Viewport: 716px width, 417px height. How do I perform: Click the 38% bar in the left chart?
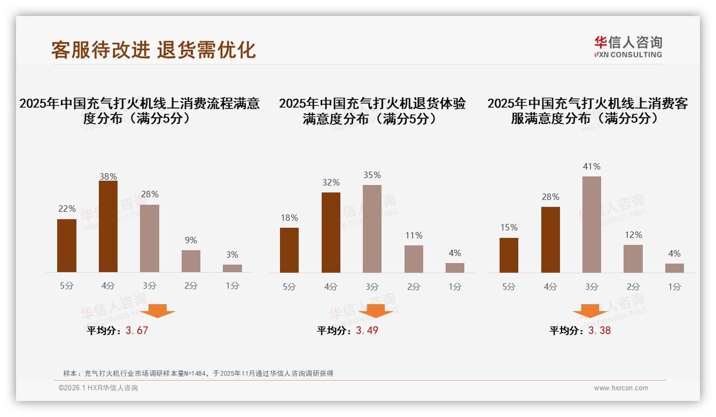[108, 227]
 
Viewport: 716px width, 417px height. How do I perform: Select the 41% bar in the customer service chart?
[592, 225]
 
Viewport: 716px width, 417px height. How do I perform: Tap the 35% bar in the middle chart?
[372, 229]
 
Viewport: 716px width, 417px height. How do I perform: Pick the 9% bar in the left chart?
[191, 261]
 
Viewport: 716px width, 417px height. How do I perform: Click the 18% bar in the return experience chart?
[289, 250]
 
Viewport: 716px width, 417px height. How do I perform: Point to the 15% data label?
[509, 228]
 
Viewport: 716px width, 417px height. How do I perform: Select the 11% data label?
[414, 235]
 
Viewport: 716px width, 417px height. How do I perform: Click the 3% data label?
[232, 255]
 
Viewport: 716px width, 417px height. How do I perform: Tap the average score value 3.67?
[137, 330]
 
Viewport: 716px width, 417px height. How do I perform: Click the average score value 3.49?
[367, 330]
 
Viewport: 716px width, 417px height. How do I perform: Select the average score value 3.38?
[600, 330]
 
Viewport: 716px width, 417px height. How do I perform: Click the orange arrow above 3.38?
[590, 311]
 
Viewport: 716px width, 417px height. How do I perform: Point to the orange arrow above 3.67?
[158, 311]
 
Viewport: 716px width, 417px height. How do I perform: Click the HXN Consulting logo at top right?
[628, 47]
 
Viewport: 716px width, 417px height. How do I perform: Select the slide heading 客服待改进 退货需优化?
[153, 50]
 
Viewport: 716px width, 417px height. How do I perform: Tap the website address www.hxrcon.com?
[621, 388]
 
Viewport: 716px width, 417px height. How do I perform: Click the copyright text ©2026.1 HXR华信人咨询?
[98, 388]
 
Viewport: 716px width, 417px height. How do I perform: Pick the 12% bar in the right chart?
[633, 259]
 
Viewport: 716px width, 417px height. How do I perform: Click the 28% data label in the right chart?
[550, 197]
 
